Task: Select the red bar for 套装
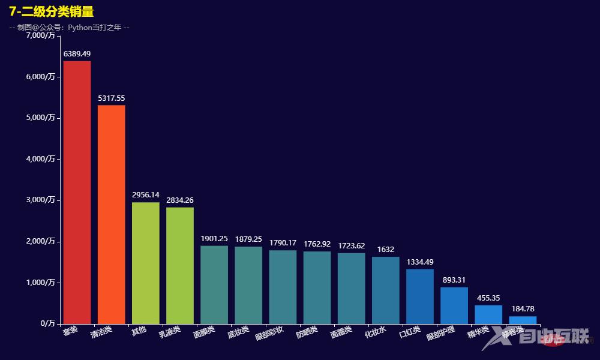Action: pyautogui.click(x=77, y=192)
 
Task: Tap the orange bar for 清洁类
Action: pyautogui.click(x=111, y=214)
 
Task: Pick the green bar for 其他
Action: pyautogui.click(x=145, y=263)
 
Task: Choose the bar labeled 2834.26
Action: pyautogui.click(x=180, y=265)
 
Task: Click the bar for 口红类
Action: pyautogui.click(x=419, y=296)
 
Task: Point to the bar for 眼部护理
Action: pyautogui.click(x=454, y=305)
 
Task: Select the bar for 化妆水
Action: pyautogui.click(x=385, y=290)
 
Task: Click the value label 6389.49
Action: pyautogui.click(x=77, y=54)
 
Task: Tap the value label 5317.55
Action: pyautogui.click(x=111, y=98)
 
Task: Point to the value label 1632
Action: pyautogui.click(x=385, y=250)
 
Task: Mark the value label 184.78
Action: pyautogui.click(x=523, y=309)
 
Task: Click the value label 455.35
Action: pyautogui.click(x=488, y=298)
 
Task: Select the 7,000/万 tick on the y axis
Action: pyautogui.click(x=41, y=35)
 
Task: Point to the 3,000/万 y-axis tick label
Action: pyautogui.click(x=41, y=200)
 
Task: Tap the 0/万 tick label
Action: pyautogui.click(x=47, y=323)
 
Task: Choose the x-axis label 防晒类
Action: pyautogui.click(x=307, y=332)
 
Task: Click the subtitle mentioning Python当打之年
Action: pyautogui.click(x=70, y=28)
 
